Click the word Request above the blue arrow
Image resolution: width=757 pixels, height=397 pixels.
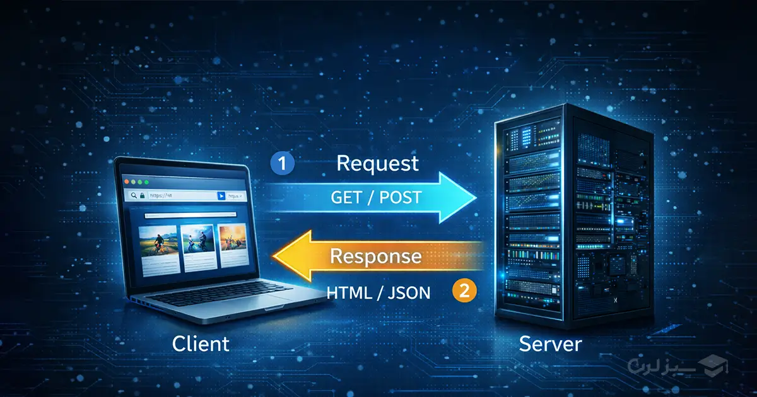pyautogui.click(x=377, y=163)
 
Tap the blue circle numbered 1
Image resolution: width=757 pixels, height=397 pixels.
pyautogui.click(x=283, y=164)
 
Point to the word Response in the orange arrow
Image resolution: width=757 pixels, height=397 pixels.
pyautogui.click(x=375, y=256)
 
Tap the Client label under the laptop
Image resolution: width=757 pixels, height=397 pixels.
pyautogui.click(x=201, y=344)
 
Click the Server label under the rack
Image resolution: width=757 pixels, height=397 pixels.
pyautogui.click(x=550, y=344)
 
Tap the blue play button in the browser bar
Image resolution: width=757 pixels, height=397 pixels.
pyautogui.click(x=220, y=197)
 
